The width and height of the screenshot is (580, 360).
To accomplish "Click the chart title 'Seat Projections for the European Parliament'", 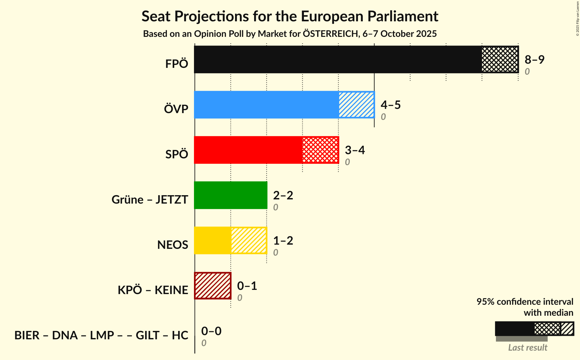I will click(290, 16).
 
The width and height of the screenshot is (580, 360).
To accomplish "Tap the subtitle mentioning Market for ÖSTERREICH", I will click(290, 34).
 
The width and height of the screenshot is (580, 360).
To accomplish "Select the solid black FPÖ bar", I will click(338, 59).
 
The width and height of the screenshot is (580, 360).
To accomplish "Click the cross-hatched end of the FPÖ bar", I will click(500, 59).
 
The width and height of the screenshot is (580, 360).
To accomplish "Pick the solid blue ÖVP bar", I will click(266, 105).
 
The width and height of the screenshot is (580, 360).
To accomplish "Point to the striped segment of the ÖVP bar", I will click(356, 105).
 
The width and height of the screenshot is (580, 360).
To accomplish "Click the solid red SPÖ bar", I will click(248, 150).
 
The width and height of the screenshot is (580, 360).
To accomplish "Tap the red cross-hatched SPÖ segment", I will click(320, 150).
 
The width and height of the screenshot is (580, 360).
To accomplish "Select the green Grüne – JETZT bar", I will click(231, 195).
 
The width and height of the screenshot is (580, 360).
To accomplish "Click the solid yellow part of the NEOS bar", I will click(212, 240).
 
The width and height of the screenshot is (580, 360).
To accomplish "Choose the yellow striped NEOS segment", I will click(249, 240).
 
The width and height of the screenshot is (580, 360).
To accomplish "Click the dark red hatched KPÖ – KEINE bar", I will click(213, 286).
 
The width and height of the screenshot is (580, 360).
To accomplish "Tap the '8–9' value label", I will click(534, 59).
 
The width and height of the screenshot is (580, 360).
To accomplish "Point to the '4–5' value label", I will click(391, 105).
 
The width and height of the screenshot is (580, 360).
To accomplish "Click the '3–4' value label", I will click(355, 150).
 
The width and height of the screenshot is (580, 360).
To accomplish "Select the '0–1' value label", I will click(247, 286).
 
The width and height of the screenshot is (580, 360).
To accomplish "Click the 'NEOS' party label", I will click(173, 245).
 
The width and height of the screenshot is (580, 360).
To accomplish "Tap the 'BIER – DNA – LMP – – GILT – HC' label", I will click(101, 335).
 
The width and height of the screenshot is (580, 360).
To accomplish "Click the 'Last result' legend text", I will click(528, 347).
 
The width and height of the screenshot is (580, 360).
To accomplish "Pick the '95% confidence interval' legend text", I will click(525, 302).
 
